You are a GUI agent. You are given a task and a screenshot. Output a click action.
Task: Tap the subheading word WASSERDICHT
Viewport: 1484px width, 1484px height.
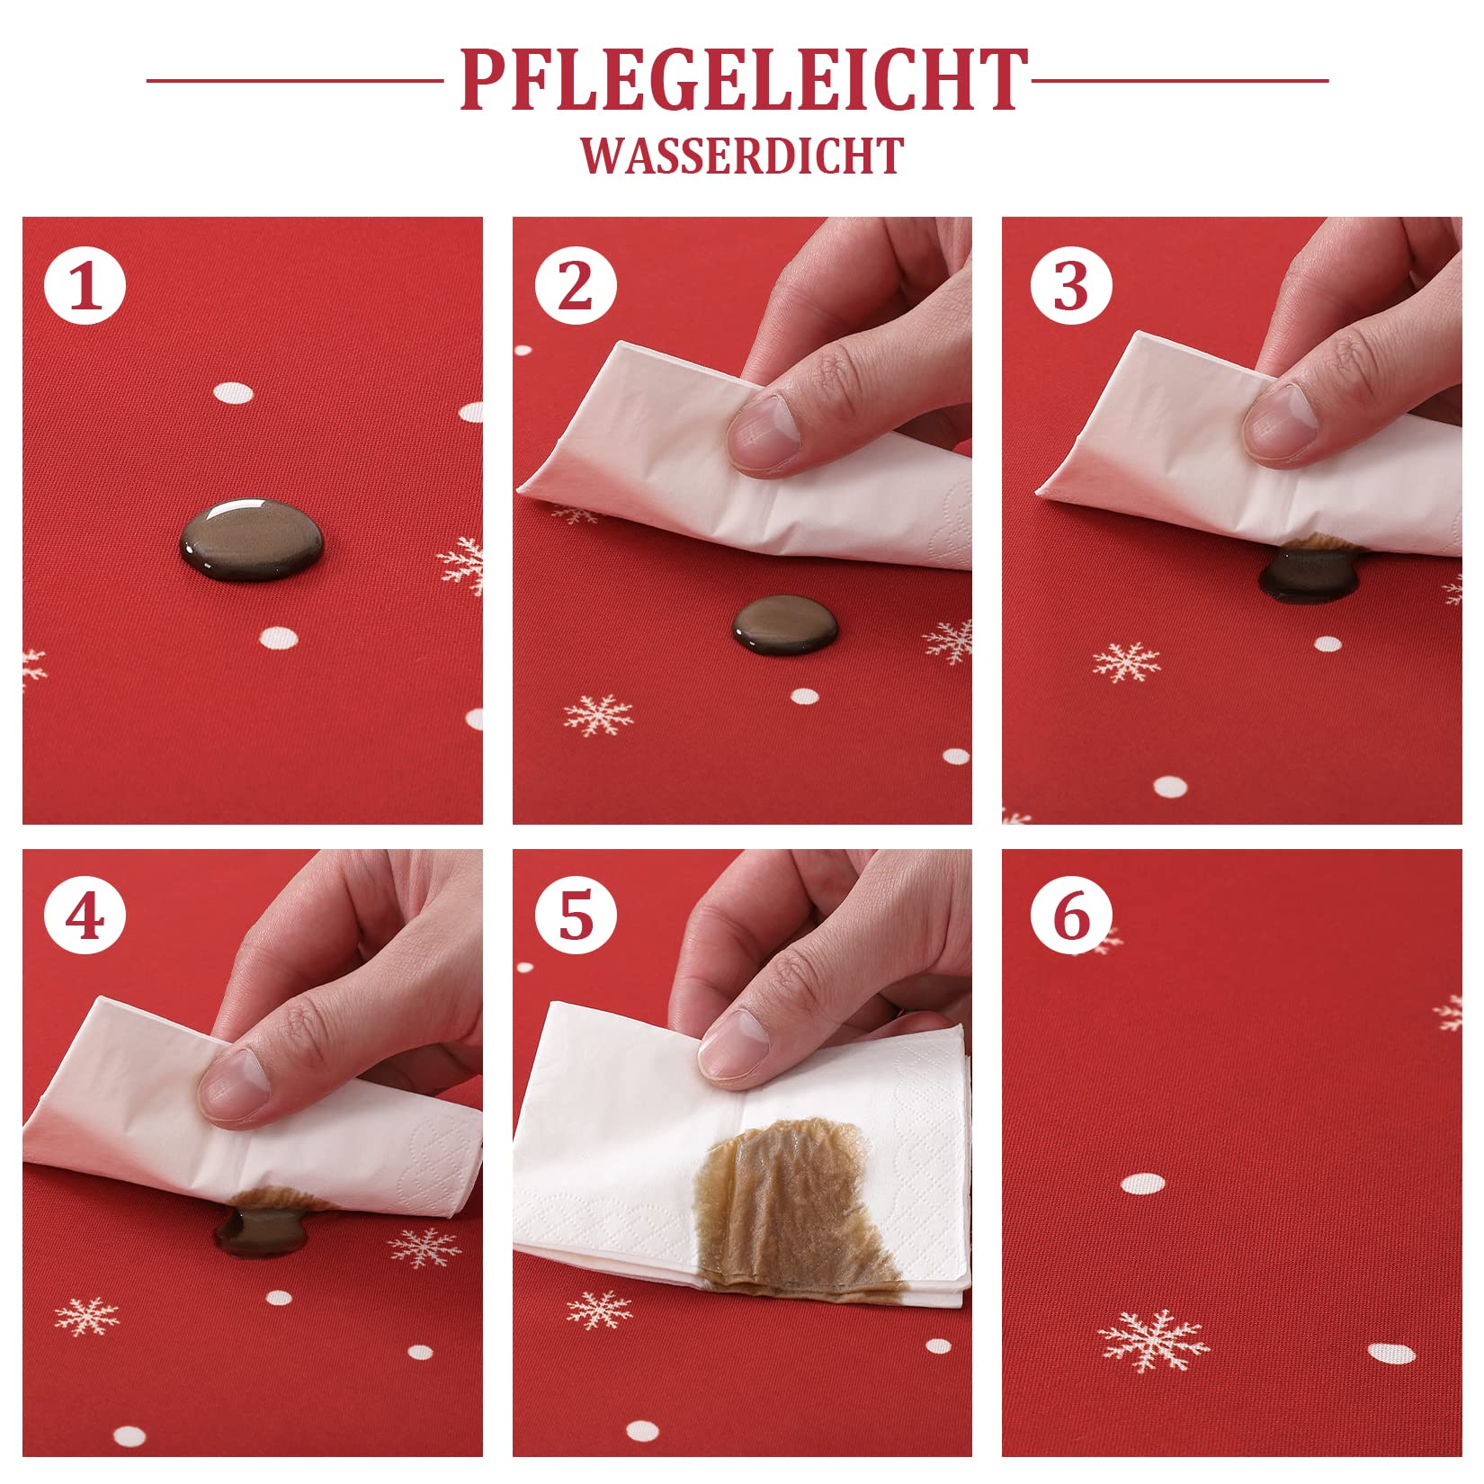[x=742, y=156]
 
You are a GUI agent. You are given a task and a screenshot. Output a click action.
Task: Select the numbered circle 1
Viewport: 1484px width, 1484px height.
[x=85, y=287]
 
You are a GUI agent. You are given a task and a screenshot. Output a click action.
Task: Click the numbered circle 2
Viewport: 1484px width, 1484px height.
[x=576, y=287]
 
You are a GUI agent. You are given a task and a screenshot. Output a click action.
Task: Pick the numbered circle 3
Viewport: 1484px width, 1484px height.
[x=1070, y=287]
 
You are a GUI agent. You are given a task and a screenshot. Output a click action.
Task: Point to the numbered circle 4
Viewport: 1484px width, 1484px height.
[x=85, y=916]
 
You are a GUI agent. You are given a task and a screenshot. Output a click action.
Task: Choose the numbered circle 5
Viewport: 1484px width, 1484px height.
[x=576, y=916]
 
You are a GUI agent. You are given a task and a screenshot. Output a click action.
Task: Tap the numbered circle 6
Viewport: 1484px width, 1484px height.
[x=1070, y=916]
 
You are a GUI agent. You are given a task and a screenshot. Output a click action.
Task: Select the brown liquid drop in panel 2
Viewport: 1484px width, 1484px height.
[x=784, y=624]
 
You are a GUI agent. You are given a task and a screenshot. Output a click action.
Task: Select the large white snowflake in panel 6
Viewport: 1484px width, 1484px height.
[x=1152, y=1341]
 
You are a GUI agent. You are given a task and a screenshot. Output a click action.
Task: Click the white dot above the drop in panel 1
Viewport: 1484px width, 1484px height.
[x=234, y=393]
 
